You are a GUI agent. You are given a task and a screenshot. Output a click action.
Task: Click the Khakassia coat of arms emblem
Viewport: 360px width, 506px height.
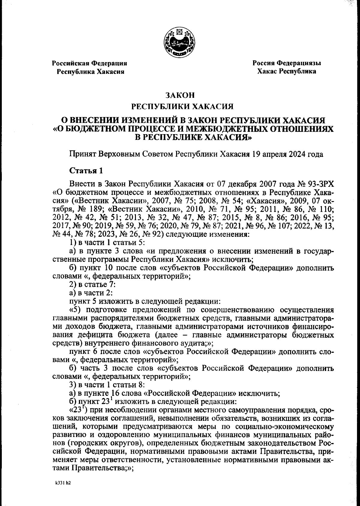[x=179, y=42]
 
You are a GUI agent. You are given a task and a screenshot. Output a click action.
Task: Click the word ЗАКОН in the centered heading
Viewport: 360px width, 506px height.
[x=180, y=95]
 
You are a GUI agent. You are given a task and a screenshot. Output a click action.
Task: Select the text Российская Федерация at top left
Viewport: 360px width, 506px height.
[x=89, y=63]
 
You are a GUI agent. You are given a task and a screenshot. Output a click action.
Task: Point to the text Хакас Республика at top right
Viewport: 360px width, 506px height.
[x=286, y=71]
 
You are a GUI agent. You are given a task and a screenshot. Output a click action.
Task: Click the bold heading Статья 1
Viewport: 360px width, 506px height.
[x=86, y=171]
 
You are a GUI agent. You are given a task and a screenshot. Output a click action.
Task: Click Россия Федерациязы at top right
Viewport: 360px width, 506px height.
[x=287, y=63]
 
